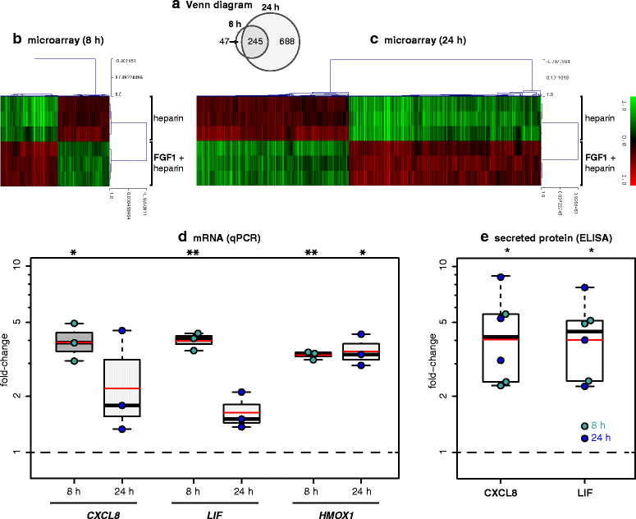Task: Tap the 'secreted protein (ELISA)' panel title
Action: pos(535,238)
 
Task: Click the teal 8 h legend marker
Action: pos(584,426)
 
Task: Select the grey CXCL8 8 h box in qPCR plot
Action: pos(74,342)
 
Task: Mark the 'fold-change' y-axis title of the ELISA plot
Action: pos(426,359)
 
